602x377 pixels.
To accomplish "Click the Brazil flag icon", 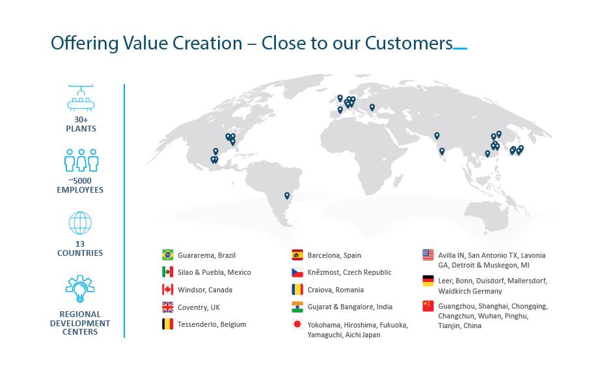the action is click(x=167, y=255).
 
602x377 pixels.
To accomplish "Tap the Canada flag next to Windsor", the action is click(x=167, y=289).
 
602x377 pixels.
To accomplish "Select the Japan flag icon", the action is click(x=297, y=324).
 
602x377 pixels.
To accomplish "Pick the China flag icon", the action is click(x=428, y=306).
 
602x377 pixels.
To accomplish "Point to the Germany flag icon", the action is click(x=428, y=281).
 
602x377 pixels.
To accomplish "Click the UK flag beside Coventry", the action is click(x=167, y=307).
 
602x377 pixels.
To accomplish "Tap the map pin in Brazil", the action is click(x=287, y=196).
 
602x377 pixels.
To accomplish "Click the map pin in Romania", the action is click(x=372, y=107).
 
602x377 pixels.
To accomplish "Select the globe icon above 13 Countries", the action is click(x=80, y=223).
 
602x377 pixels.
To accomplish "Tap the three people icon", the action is click(x=81, y=160).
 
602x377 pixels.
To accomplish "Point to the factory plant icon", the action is click(x=81, y=98).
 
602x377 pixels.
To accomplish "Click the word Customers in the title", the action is click(x=409, y=43).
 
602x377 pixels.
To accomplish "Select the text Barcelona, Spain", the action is click(x=334, y=255).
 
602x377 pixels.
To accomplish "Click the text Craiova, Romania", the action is click(x=336, y=290).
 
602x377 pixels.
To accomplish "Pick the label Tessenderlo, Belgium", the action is click(x=212, y=324).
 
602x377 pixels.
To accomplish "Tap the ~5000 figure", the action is click(x=80, y=180).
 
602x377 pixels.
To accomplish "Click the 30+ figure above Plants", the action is click(x=81, y=120).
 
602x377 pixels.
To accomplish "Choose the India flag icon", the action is click(x=297, y=307).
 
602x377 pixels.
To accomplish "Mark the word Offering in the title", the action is click(x=85, y=44).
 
